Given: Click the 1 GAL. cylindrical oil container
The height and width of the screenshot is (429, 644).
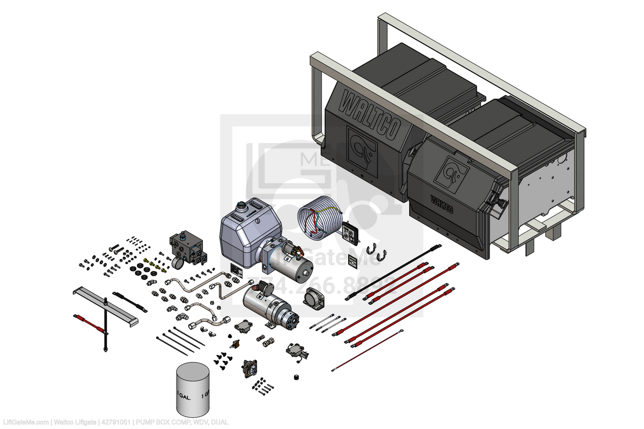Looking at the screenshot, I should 193,390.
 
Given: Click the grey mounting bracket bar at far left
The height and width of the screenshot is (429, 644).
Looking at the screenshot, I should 105,305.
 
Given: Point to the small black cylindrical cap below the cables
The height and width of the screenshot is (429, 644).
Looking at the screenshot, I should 295,377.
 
